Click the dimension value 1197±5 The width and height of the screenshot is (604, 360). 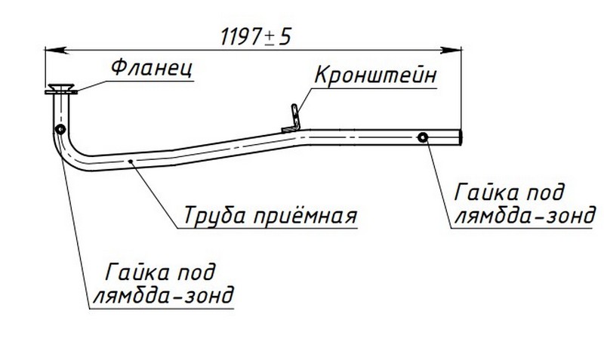[253, 35]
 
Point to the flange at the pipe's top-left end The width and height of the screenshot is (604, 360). [60, 90]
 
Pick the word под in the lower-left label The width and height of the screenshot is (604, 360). [200, 271]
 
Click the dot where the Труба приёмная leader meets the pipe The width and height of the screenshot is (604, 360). [131, 160]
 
